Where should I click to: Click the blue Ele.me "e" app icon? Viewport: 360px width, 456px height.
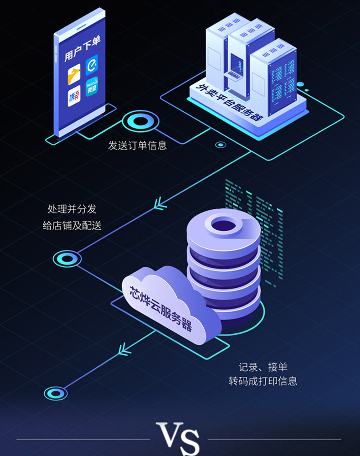[92, 65]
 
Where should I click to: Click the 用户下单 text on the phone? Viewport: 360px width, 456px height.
[82, 49]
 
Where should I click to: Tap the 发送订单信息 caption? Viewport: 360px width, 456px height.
[137, 145]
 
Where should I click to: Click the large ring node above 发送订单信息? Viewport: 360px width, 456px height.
[141, 122]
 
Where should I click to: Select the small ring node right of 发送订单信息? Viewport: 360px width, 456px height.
[221, 145]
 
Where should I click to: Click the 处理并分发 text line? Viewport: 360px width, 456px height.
[72, 209]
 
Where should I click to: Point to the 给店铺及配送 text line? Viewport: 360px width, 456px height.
[72, 225]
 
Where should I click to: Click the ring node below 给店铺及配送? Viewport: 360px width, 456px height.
[67, 259]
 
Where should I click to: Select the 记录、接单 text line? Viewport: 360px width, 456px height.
[263, 367]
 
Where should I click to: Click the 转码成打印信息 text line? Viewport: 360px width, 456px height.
[263, 381]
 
